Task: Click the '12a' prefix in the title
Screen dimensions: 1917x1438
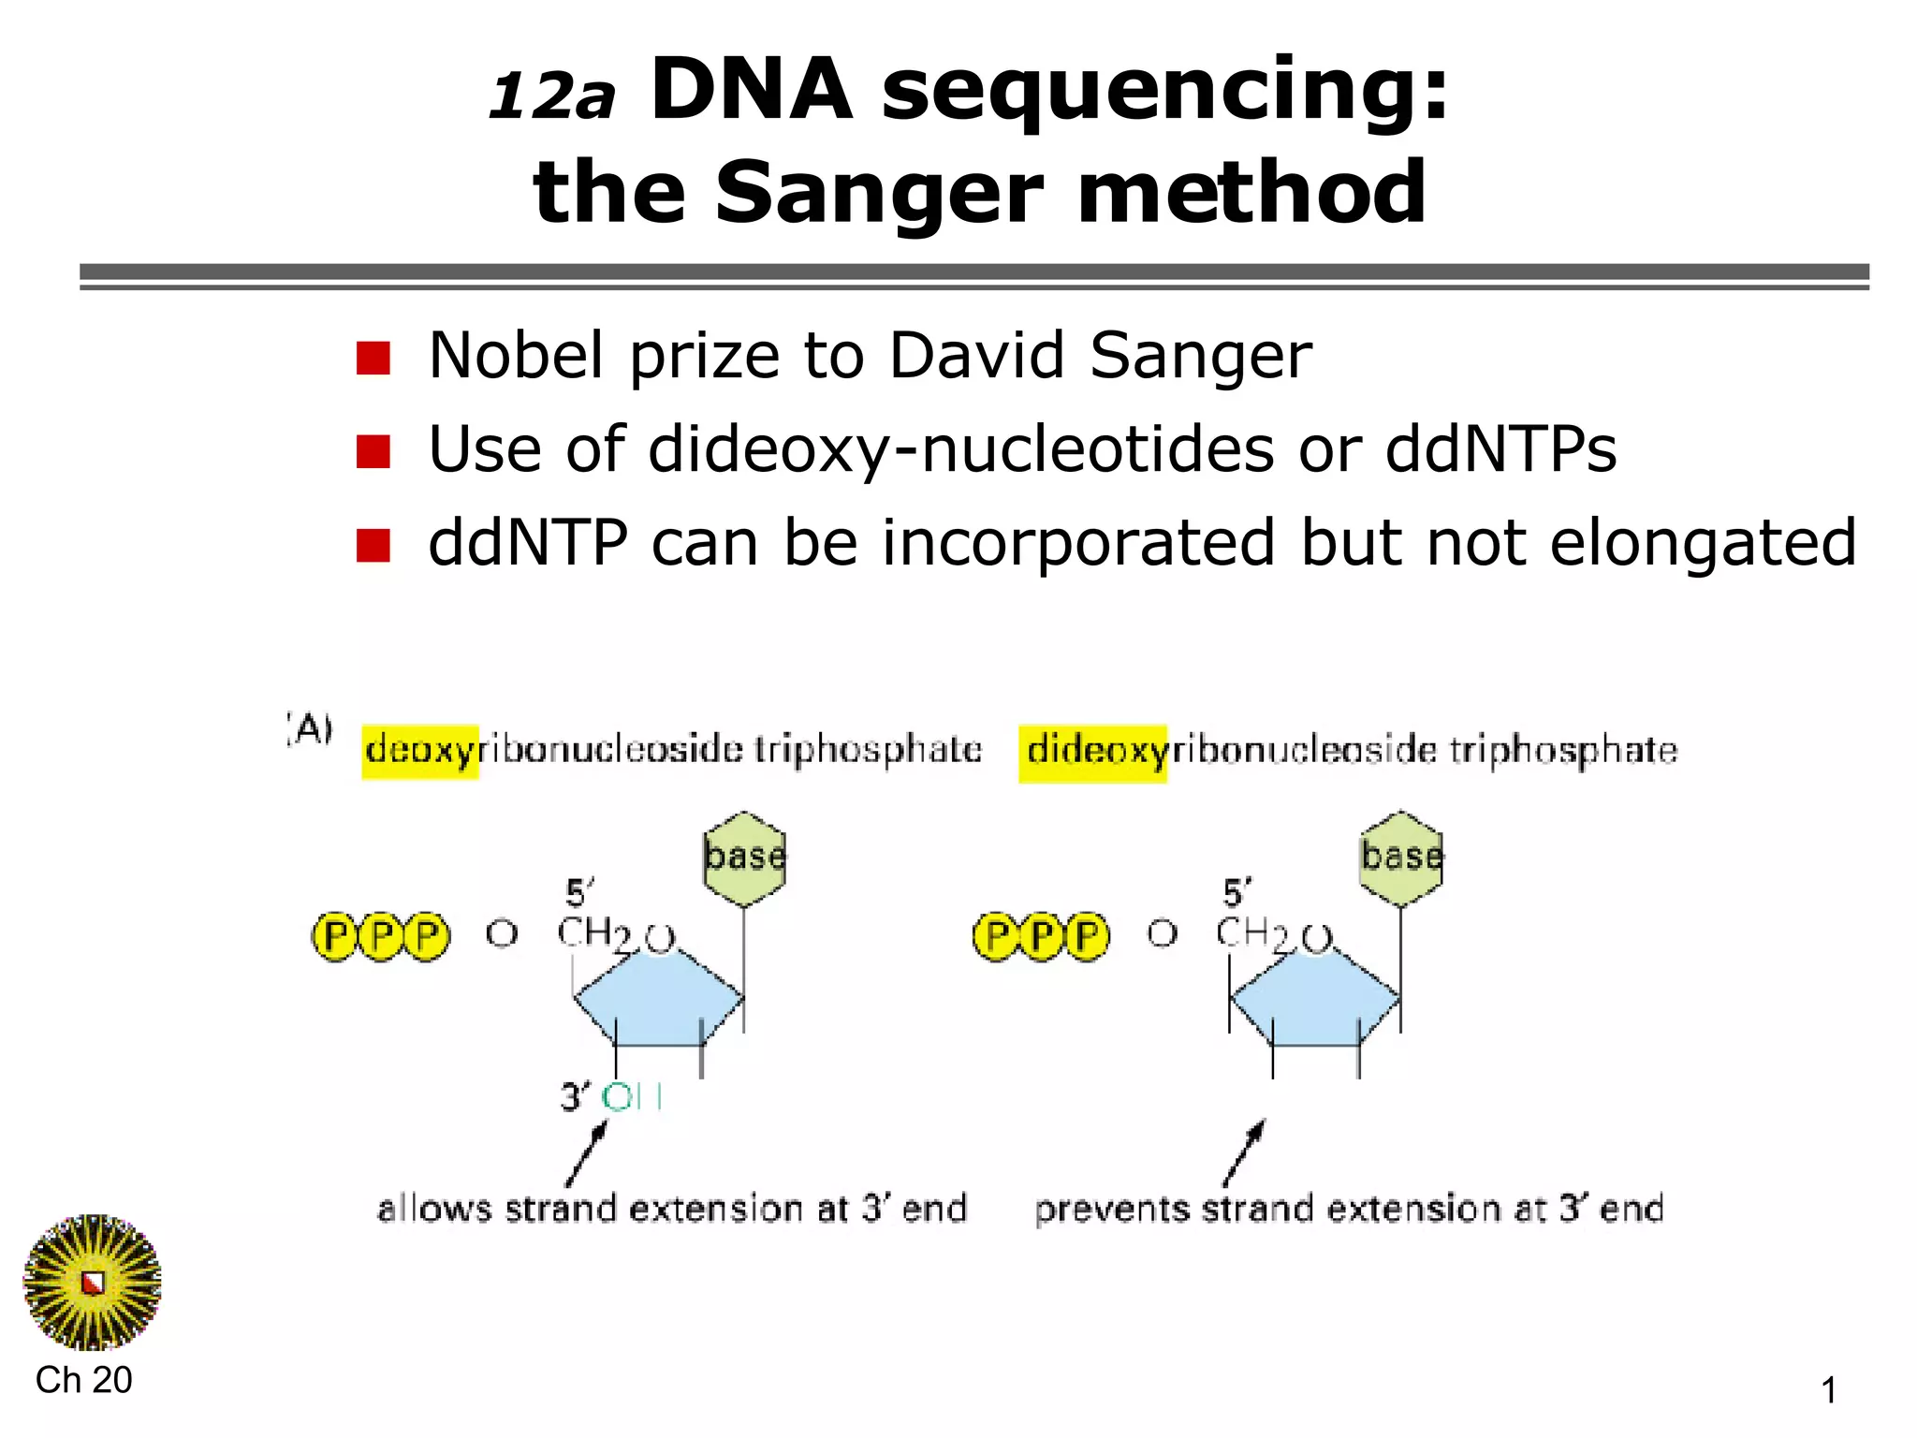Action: [552, 96]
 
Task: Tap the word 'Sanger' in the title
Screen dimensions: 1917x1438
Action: [879, 193]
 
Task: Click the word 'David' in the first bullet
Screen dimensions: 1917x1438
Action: [976, 356]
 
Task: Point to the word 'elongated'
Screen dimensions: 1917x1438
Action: [1703, 543]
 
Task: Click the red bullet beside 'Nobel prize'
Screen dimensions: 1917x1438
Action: [373, 358]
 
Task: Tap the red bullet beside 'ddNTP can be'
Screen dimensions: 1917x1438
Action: [373, 545]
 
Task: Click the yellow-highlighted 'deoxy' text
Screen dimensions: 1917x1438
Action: [420, 751]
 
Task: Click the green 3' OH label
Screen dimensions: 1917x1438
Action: [632, 1097]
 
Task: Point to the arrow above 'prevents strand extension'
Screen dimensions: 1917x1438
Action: [1246, 1152]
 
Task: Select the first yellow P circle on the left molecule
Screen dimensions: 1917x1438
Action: [334, 936]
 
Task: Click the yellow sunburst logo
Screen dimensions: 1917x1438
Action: [92, 1282]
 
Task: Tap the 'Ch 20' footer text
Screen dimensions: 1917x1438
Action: [83, 1380]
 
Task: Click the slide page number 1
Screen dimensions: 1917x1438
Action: [1828, 1390]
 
